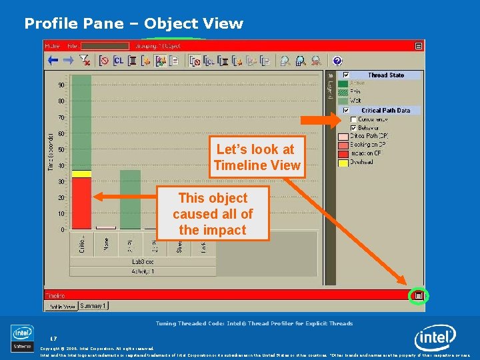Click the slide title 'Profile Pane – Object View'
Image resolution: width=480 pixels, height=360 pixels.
[133, 24]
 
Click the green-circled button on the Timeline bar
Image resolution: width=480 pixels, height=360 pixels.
[418, 295]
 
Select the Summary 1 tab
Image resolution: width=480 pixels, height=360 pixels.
[93, 306]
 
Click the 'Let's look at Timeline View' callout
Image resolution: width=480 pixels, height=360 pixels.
[257, 157]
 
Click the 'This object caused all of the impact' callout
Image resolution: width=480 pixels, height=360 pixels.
[213, 213]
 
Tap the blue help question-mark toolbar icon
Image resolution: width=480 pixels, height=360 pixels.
[337, 61]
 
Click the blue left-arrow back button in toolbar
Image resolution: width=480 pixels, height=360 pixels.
[52, 61]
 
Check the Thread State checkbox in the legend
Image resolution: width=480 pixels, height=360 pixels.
[346, 75]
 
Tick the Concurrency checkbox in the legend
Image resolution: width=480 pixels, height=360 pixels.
[353, 119]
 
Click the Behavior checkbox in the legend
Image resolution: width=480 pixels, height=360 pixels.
[353, 127]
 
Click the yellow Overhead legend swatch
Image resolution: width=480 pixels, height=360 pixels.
[342, 161]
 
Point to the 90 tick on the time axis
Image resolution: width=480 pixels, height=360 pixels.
[61, 85]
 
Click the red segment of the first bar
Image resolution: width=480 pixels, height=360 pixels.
[81, 203]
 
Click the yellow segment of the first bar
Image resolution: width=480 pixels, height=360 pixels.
[81, 173]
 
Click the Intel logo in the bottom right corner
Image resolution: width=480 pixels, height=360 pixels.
[435, 339]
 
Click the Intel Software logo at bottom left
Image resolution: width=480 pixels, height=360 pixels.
[22, 337]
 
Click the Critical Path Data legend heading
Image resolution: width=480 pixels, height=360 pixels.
[385, 110]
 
